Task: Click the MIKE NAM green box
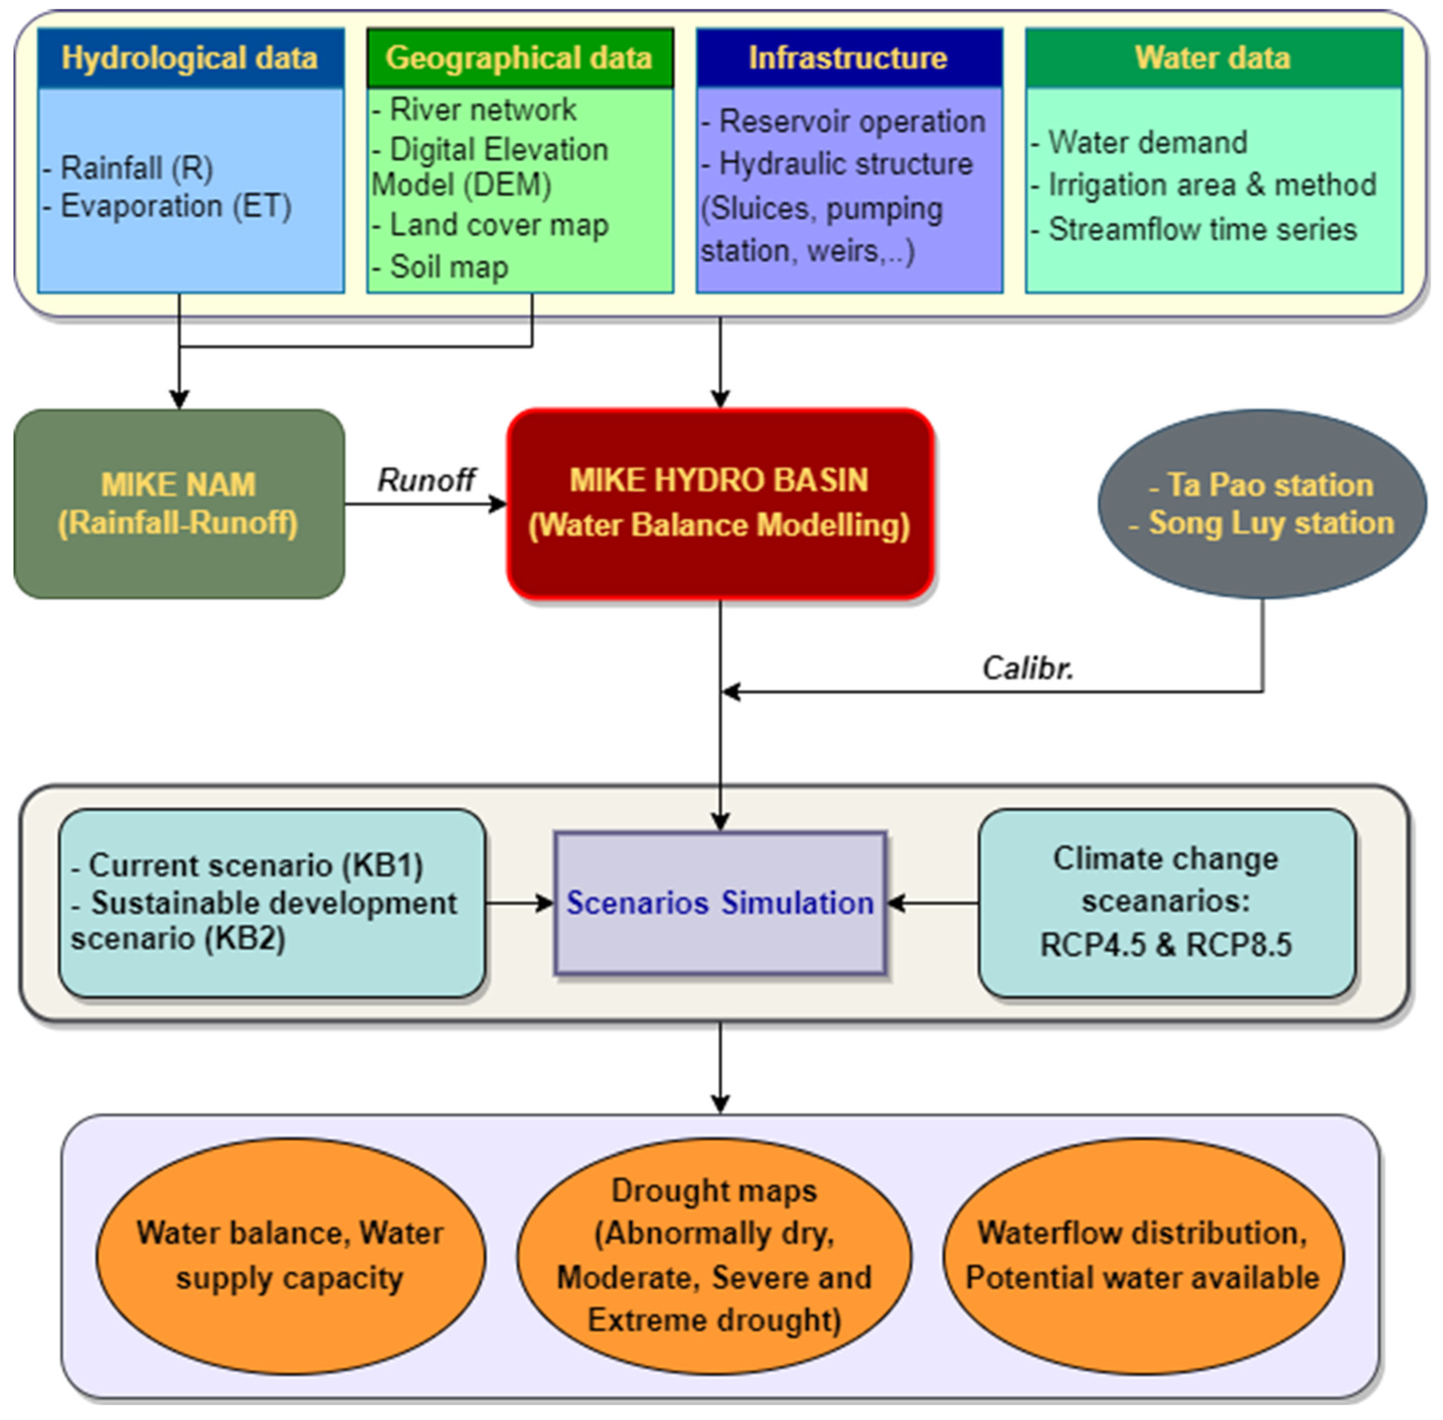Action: tap(179, 504)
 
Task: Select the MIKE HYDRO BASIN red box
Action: tap(719, 504)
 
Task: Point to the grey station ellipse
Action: tap(1262, 504)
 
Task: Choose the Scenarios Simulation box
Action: tap(719, 903)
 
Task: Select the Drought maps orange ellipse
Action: tap(714, 1256)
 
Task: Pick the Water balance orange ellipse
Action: tap(290, 1256)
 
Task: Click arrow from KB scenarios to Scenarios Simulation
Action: tap(519, 903)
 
